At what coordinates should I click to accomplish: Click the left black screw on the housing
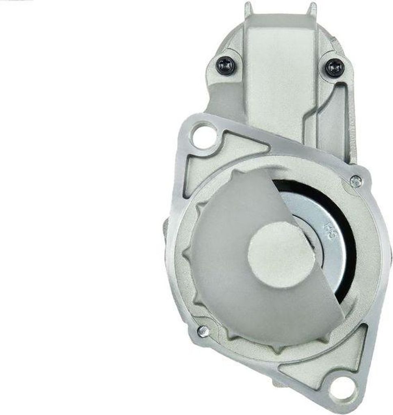tap(225, 65)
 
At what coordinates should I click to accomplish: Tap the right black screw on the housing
tap(335, 67)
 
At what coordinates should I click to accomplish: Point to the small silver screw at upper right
tap(356, 181)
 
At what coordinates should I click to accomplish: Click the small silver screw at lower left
tap(203, 331)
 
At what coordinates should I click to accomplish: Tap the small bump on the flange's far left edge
tap(166, 227)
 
